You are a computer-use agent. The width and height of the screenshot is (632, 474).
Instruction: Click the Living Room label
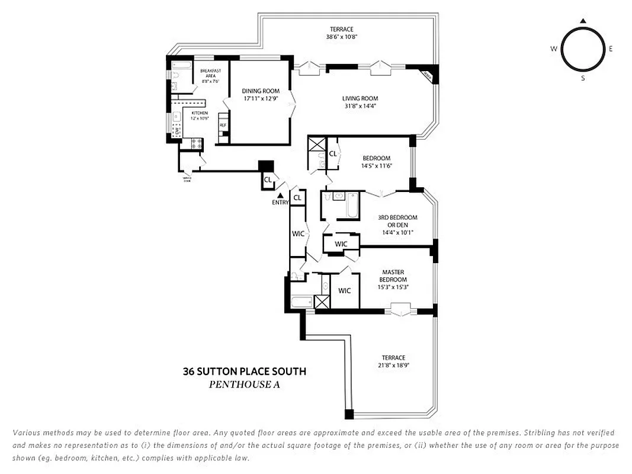coord(360,98)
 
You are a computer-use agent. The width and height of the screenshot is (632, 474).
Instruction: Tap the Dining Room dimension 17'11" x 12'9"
coord(260,98)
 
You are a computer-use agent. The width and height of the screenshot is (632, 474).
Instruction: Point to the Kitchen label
coord(199,113)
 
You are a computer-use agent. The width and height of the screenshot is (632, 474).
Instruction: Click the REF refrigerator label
coord(223,126)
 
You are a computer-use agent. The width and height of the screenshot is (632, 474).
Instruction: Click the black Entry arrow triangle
coord(280,196)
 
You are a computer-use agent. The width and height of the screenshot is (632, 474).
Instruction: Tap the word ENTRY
coord(280,203)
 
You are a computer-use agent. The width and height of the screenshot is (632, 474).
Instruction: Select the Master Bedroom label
coord(393,276)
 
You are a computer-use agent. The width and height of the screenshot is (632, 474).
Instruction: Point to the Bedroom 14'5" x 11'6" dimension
coord(376,166)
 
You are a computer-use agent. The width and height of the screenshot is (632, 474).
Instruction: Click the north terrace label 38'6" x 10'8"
coord(341,37)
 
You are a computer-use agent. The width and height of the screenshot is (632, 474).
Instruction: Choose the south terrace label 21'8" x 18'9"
coord(393,365)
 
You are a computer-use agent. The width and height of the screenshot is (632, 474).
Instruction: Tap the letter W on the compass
coord(554,49)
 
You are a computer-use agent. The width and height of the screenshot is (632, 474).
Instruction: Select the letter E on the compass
coord(611,49)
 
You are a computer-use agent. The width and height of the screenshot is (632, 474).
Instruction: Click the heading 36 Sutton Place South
coord(244,371)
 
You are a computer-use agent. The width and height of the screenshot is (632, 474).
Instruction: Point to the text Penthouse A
coord(244,385)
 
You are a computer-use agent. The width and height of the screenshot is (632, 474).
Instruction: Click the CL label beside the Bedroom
coord(333,153)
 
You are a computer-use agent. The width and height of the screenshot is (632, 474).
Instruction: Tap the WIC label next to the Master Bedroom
coord(344,290)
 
